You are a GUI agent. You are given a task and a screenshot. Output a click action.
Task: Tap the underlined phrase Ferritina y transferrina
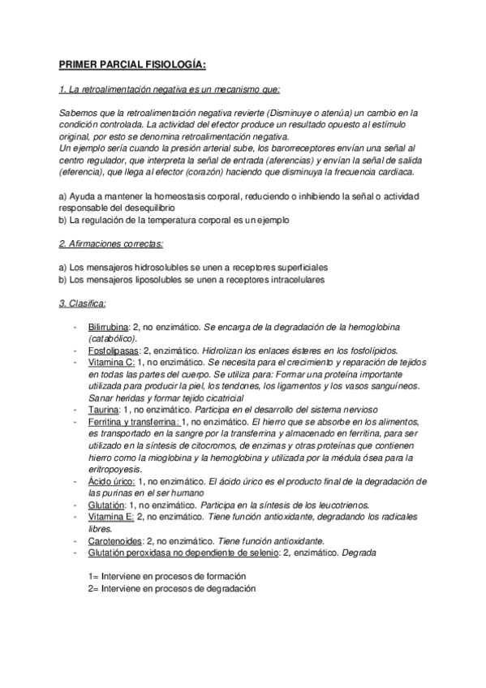point(133,423)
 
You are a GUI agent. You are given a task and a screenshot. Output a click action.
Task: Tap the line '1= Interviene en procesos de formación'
point(167,576)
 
